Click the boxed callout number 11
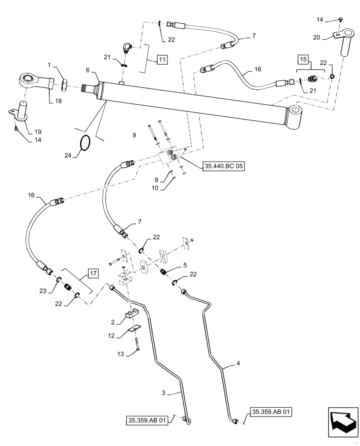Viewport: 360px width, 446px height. coord(162,59)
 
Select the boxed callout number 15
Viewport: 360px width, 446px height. coord(303,59)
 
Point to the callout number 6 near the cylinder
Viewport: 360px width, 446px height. coord(88,70)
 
